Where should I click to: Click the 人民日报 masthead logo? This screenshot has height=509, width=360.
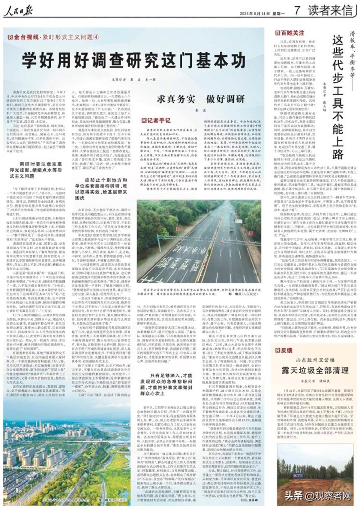[18, 11]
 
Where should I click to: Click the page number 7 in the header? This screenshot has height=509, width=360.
[297, 11]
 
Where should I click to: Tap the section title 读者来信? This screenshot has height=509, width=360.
[330, 11]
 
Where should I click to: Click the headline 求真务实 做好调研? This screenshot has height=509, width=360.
[200, 99]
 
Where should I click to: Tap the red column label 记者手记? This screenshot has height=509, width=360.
[156, 121]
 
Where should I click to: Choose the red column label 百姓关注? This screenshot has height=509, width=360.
[289, 33]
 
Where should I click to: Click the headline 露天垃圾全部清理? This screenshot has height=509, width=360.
[315, 370]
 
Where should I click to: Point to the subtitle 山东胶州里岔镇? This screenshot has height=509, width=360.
[315, 359]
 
